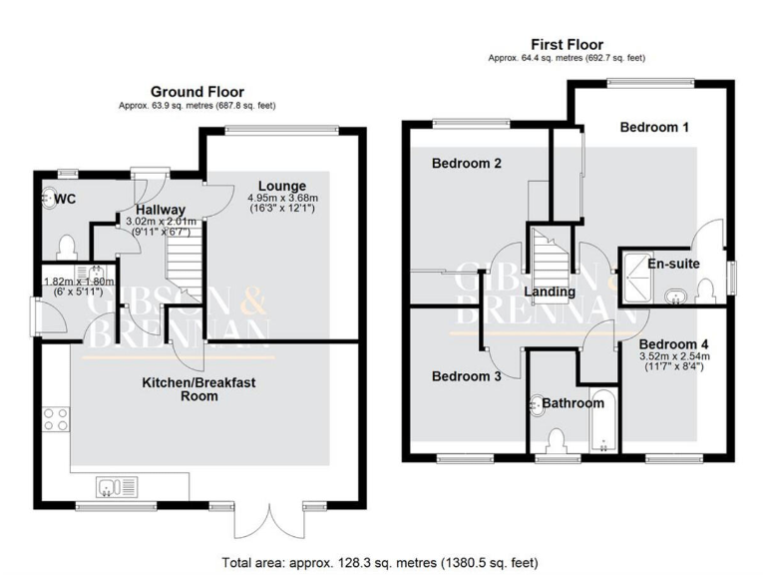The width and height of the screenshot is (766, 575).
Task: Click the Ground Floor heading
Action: click(196, 91)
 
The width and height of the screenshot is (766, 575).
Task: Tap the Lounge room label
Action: click(281, 187)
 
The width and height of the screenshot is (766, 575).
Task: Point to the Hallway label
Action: click(161, 209)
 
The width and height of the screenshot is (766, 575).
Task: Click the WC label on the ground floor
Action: click(65, 200)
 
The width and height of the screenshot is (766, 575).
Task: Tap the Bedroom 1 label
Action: click(654, 128)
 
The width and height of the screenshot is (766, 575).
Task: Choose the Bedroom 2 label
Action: click(466, 163)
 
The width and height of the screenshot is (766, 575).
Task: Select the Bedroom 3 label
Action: click(465, 377)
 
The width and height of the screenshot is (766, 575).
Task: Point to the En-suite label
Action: click(673, 265)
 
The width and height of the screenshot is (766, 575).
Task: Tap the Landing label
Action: click(550, 292)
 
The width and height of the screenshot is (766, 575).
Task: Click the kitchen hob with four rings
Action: click(55, 420)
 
